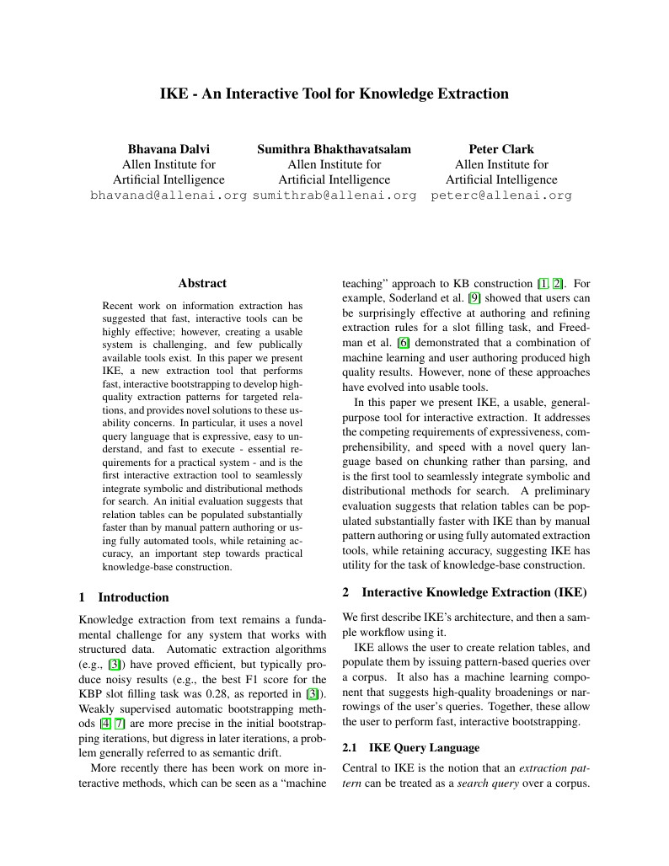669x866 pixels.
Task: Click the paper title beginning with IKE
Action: pos(334,94)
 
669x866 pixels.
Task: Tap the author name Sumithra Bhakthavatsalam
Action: pos(334,149)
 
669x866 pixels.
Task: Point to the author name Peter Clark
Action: pos(501,149)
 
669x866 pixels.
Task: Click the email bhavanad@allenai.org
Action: pos(169,195)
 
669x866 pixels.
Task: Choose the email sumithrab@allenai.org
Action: pos(334,195)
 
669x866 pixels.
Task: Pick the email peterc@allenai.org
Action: pos(501,195)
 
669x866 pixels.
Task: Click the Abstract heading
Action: pos(202,284)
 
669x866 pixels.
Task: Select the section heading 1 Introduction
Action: pos(124,597)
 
